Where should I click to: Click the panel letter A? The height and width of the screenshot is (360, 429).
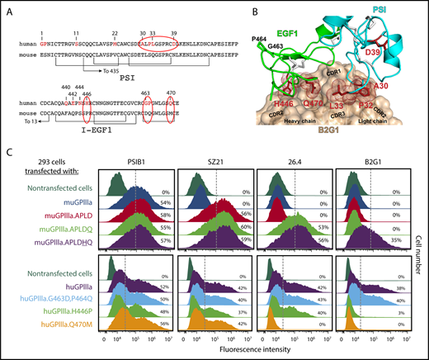[x=7, y=7]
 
